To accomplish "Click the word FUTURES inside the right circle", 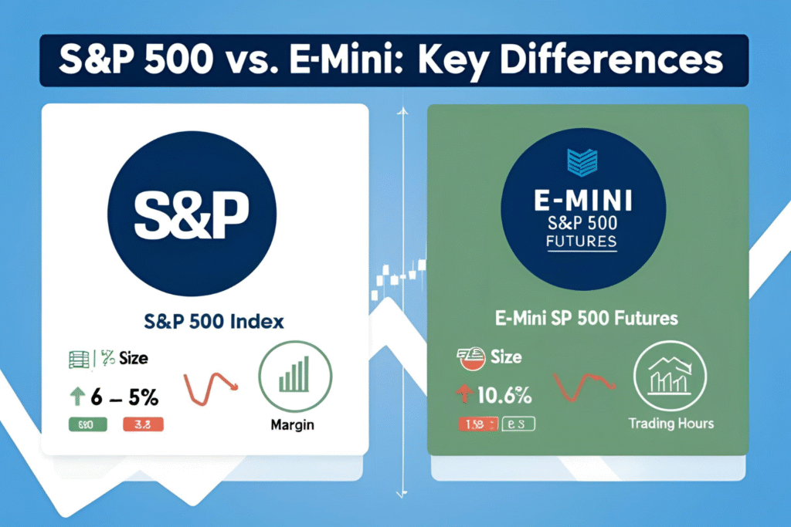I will click(587, 242).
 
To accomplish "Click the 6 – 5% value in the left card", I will click(124, 397).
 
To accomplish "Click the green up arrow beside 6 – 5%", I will click(76, 397).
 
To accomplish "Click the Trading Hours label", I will click(670, 424).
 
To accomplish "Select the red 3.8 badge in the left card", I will click(143, 424).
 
